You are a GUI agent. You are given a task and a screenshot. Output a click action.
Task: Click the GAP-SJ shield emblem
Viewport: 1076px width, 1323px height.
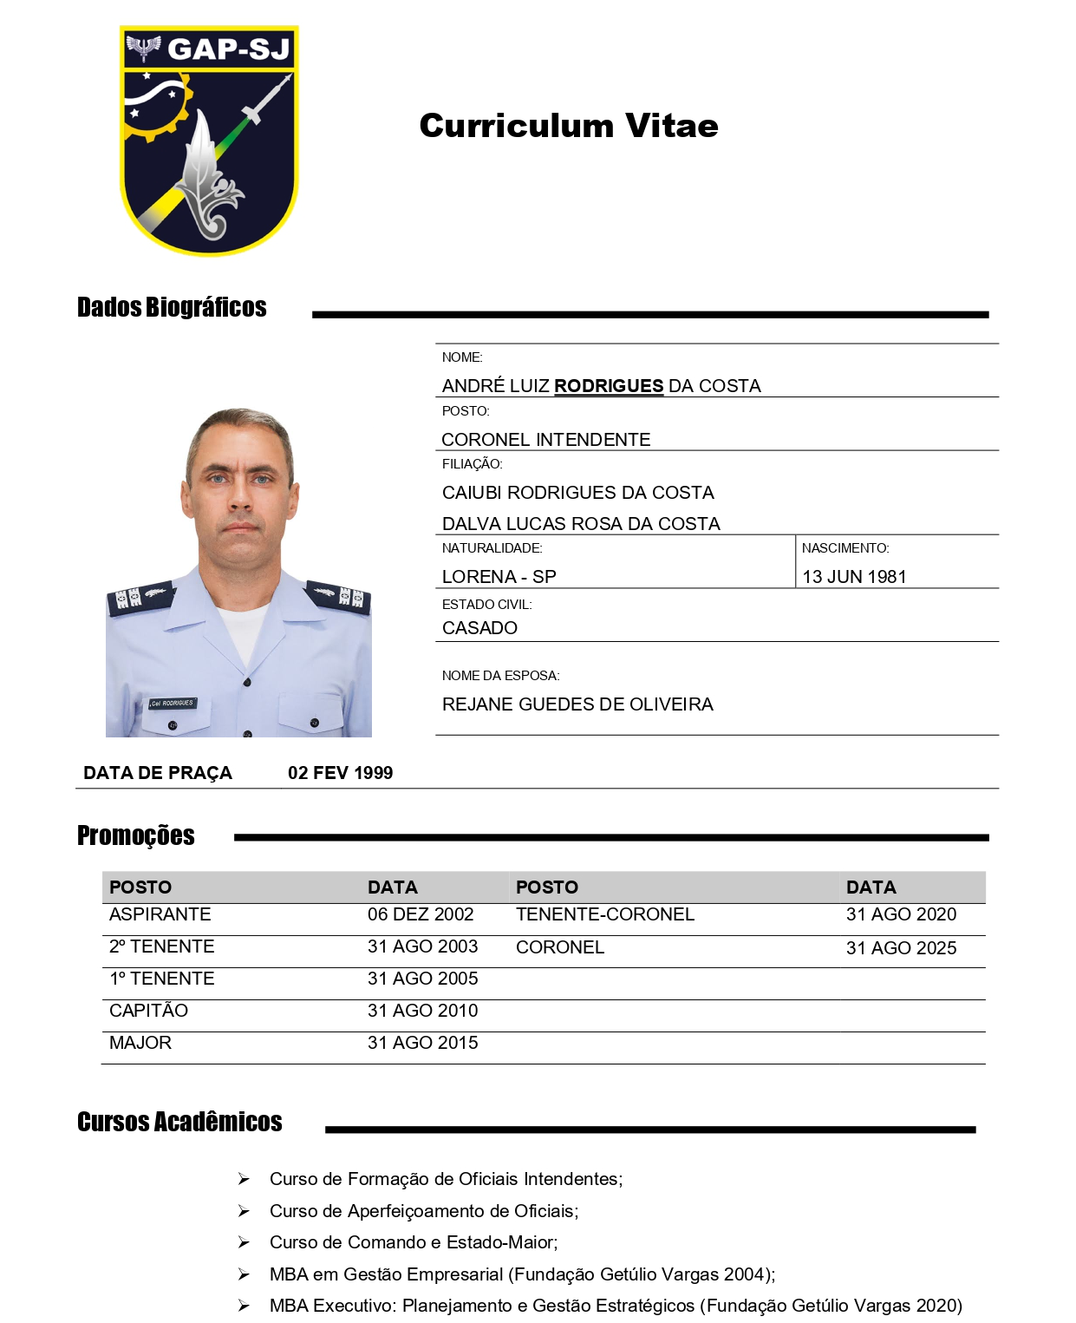[209, 141]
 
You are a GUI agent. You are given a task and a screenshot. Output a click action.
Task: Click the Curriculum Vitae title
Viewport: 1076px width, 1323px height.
[568, 126]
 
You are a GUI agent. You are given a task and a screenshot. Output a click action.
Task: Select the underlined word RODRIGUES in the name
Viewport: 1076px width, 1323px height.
[609, 386]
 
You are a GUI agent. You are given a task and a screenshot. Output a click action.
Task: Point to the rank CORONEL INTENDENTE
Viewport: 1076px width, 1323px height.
[545, 440]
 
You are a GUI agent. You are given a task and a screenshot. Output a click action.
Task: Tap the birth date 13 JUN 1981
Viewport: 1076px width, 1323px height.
[854, 577]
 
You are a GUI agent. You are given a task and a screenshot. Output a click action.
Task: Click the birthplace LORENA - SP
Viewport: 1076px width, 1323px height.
[499, 577]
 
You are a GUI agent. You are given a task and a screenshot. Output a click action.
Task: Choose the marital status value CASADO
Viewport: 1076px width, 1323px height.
[479, 628]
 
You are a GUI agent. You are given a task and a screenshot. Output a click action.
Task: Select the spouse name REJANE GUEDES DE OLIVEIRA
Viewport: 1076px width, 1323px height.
[577, 704]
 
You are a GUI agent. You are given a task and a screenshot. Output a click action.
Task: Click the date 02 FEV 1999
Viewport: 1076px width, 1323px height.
[340, 773]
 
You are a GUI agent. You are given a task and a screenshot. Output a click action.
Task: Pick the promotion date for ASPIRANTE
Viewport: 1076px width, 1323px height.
[421, 914]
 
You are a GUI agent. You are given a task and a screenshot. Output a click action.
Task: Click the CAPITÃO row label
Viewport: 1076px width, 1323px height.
[148, 1011]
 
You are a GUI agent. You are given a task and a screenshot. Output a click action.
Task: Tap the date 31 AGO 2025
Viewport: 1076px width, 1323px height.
[901, 948]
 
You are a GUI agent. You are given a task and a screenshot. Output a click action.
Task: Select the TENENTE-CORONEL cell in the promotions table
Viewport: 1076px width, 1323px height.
[605, 914]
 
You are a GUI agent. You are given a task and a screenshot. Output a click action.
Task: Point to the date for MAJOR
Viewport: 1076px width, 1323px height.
[422, 1043]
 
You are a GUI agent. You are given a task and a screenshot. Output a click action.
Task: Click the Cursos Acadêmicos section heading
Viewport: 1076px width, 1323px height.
[179, 1122]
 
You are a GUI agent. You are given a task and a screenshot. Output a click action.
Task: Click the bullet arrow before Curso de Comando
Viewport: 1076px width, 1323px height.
[245, 1242]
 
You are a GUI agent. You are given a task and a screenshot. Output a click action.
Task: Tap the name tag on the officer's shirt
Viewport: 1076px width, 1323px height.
[172, 703]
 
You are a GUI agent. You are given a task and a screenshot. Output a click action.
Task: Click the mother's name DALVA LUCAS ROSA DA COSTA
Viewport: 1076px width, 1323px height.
[581, 524]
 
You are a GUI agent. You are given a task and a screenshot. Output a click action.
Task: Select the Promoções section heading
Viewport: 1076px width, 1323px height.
[136, 835]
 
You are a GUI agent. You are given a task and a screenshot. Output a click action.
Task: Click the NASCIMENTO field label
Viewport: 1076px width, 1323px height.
[844, 548]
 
